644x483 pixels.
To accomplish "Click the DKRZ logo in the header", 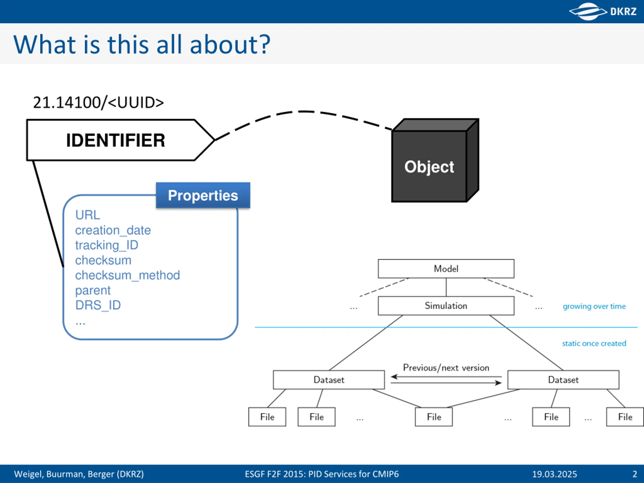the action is coord(603,11).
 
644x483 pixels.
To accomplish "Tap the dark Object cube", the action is coord(435,160).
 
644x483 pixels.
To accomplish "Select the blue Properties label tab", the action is coord(203,195).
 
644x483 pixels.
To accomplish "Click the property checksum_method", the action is coord(128,275).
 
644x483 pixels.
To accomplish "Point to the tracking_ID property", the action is coord(107,246).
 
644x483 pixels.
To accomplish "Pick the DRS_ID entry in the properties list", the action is coord(98,305).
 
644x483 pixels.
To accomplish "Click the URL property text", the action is coord(88,215).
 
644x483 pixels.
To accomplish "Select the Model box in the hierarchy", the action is coord(446,269).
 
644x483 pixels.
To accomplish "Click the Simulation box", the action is coord(446,306).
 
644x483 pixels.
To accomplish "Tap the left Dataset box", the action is coord(329,380).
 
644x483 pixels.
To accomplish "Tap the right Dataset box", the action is coord(563,380).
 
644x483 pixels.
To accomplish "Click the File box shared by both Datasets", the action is coord(434,417).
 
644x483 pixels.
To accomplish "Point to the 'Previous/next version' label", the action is coord(446,368).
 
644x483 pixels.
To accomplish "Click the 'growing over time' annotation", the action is coord(594,306).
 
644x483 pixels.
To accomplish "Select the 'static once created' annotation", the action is coord(594,344).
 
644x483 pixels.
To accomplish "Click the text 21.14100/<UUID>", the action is coord(98,102).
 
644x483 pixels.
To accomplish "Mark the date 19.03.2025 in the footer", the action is coord(555,474).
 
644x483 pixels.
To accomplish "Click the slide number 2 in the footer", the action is coord(635,474).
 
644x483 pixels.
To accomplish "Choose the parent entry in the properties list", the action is coord(93,291).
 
